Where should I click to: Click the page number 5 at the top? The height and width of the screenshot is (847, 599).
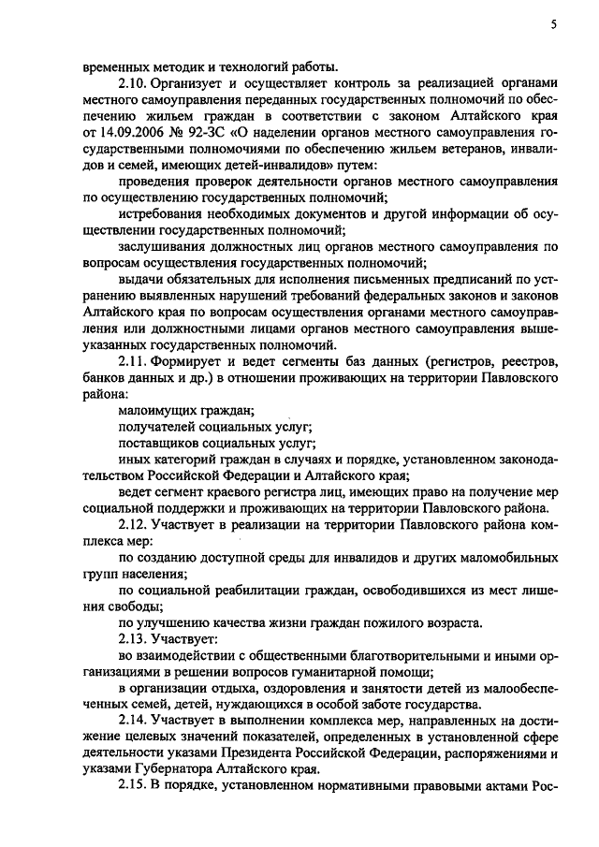(x=554, y=25)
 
